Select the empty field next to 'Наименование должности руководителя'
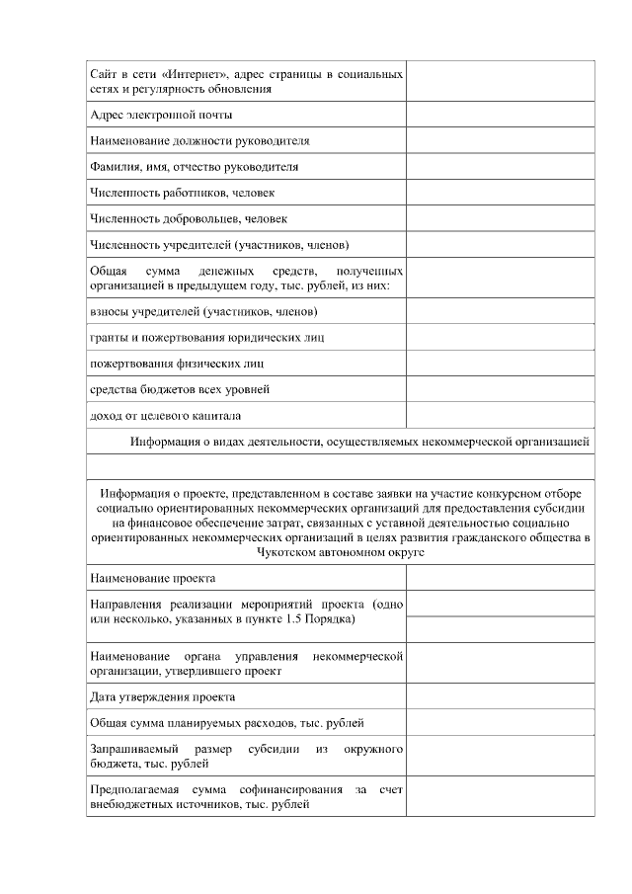(x=500, y=141)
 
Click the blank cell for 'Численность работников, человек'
(x=500, y=193)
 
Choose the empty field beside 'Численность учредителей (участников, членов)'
(x=500, y=244)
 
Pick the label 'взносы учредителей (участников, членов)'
(x=202, y=312)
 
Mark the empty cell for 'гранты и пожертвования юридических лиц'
(x=500, y=338)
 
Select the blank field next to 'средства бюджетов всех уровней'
(x=500, y=389)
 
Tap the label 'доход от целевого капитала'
(x=165, y=415)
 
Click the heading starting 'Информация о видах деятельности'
(x=361, y=442)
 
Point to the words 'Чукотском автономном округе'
(x=341, y=553)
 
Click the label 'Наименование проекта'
(x=152, y=578)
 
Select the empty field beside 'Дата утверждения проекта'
(x=500, y=696)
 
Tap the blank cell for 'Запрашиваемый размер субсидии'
(x=500, y=757)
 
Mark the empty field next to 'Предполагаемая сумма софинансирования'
(x=500, y=797)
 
